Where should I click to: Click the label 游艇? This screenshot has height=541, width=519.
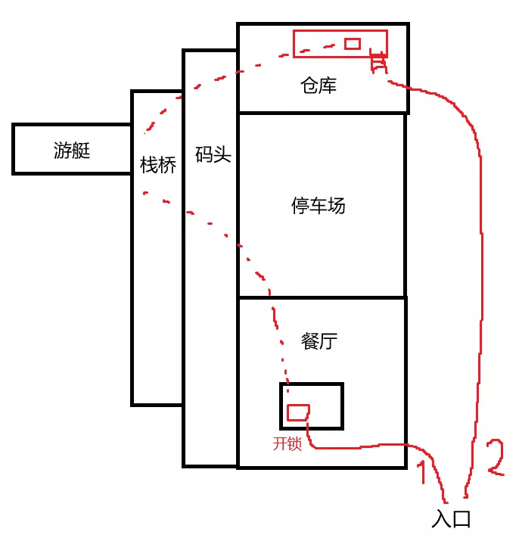(x=72, y=151)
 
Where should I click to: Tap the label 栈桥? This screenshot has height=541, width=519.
(x=158, y=164)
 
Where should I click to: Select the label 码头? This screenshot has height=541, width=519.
(x=212, y=157)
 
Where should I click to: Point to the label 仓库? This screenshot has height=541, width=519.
(x=318, y=86)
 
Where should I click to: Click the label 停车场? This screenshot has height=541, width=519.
(x=319, y=205)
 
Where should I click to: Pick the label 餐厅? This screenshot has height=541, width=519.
(x=319, y=341)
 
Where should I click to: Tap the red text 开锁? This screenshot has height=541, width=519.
(x=287, y=444)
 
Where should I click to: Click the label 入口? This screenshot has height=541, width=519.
(x=452, y=519)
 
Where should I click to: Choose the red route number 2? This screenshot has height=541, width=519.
(x=494, y=456)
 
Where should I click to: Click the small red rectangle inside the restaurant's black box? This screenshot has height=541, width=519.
(x=298, y=412)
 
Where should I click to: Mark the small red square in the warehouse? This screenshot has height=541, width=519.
(x=352, y=44)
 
